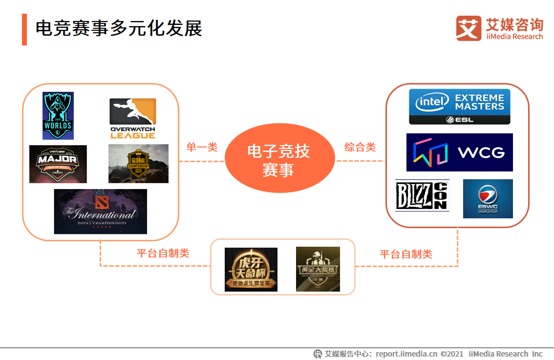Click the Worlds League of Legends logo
click(x=58, y=116)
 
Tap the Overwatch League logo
click(x=132, y=118)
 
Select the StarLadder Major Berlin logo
click(x=58, y=164)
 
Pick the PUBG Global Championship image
click(x=138, y=164)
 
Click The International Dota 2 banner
click(x=100, y=212)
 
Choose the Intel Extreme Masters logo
click(x=459, y=106)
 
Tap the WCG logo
click(x=459, y=152)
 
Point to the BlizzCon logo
click(x=422, y=195)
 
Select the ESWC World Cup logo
click(x=488, y=198)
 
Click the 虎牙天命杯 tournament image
click(x=251, y=270)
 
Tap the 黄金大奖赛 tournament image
click(x=318, y=269)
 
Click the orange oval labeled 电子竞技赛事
click(x=278, y=160)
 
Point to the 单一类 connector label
click(x=202, y=147)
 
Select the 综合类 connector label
click(x=360, y=147)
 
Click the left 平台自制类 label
click(x=163, y=253)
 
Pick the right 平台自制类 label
click(x=406, y=254)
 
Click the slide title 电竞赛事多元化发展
click(x=119, y=29)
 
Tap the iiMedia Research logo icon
click(x=469, y=28)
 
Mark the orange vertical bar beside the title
click(x=24, y=29)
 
